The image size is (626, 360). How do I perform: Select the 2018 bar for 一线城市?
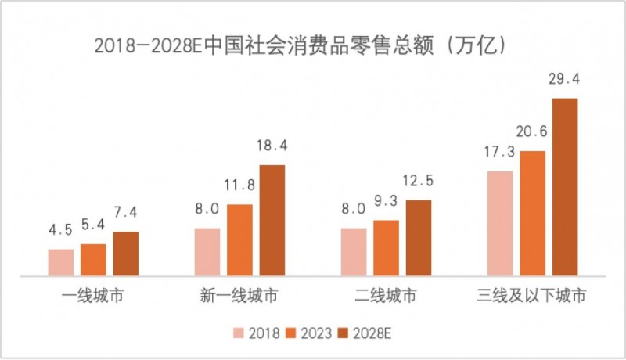coord(60,262)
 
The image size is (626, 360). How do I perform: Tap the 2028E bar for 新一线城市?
coord(272,220)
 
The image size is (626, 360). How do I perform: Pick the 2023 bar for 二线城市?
coord(386,247)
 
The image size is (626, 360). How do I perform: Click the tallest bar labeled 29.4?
coord(564,187)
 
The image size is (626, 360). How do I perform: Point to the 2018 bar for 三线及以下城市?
coord(500,223)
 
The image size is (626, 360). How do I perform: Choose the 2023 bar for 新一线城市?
coord(239,239)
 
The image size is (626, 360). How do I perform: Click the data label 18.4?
coord(272,146)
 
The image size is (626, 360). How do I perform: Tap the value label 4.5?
coord(60,231)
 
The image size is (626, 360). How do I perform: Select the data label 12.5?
coord(419,182)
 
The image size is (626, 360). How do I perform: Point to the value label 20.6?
coord(532,132)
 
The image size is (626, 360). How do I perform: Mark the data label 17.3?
coord(500,153)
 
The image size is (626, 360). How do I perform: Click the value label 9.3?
coord(386,202)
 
